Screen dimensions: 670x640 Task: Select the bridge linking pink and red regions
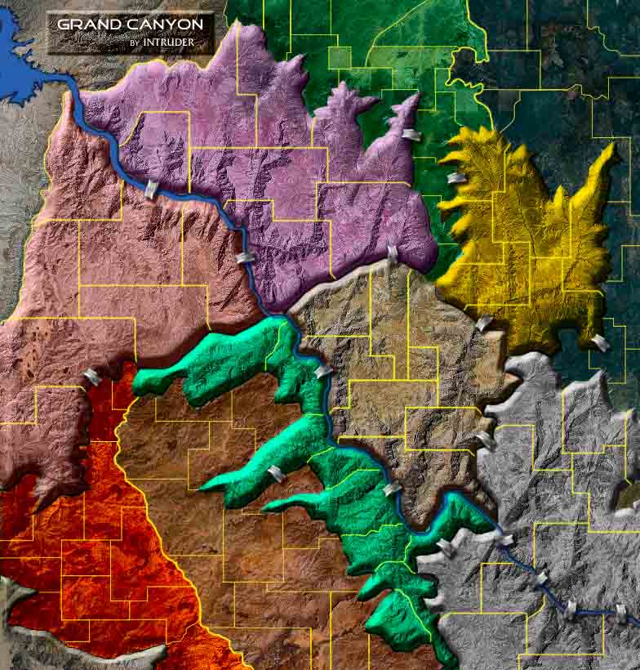click(93, 377)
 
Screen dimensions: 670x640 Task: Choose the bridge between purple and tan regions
click(393, 254)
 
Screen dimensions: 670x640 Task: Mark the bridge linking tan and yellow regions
click(483, 324)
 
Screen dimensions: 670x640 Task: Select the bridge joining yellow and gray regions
click(599, 342)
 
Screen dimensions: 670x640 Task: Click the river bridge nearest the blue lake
click(150, 190)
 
